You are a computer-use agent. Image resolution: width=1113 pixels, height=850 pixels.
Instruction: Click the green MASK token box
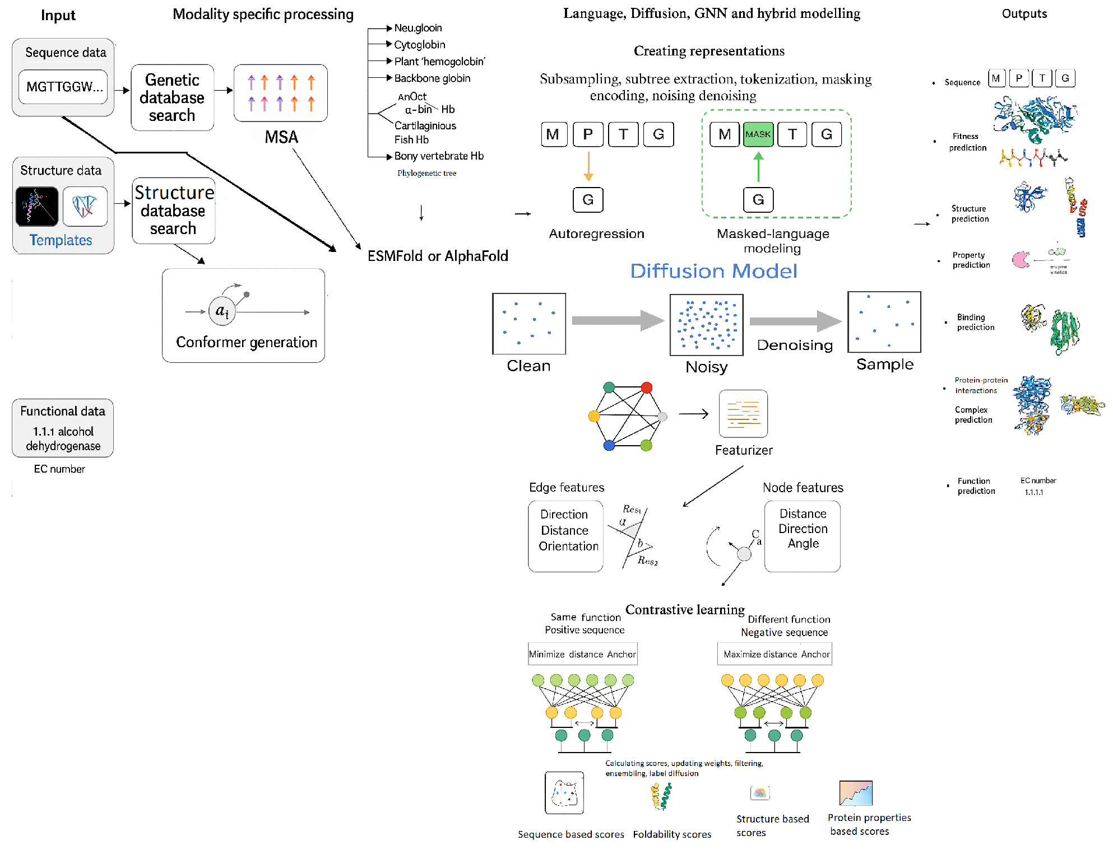point(758,134)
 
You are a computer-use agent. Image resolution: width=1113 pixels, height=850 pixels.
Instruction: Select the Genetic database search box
point(172,97)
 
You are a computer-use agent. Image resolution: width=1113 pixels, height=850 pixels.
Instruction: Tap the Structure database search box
point(173,211)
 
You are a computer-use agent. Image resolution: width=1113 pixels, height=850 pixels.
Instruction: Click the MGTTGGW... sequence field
point(63,87)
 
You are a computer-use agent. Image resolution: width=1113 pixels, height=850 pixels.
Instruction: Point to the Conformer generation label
point(246,342)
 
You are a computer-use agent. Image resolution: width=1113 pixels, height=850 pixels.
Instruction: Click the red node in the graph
point(646,387)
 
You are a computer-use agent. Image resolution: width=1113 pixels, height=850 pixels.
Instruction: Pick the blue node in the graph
point(609,446)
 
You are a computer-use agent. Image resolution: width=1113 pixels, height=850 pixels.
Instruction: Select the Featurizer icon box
point(743,414)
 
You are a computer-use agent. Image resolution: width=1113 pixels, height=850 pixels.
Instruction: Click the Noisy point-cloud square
point(706,325)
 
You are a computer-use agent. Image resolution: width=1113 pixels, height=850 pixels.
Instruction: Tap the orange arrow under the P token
point(588,166)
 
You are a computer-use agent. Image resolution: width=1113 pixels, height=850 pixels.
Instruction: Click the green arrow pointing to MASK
point(758,167)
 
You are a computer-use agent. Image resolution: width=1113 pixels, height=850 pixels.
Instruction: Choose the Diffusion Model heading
point(713,271)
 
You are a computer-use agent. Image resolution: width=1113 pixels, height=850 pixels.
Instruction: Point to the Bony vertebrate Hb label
point(438,156)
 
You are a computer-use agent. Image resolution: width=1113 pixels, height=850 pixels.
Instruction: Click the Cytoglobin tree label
point(419,45)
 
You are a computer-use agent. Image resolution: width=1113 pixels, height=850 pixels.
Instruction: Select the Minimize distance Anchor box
point(582,654)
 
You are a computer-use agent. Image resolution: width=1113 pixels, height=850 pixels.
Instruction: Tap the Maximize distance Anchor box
point(775,654)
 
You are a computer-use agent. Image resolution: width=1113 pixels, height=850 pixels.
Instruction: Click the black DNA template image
point(37,207)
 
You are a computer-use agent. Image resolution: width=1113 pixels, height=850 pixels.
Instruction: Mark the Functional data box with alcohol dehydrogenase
point(63,428)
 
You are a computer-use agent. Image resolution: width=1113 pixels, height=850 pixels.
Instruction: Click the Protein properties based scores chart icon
point(856,793)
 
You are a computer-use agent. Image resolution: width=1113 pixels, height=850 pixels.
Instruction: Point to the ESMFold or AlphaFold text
point(438,256)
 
